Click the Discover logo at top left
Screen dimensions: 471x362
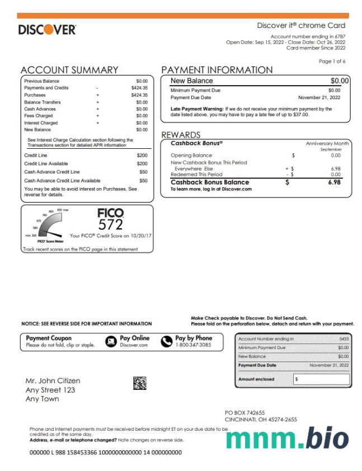click(x=47, y=30)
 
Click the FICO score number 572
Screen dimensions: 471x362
click(x=110, y=224)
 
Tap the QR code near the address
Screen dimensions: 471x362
click(x=139, y=383)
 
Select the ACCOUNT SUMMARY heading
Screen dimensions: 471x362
click(x=69, y=70)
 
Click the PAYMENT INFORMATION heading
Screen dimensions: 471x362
click(x=217, y=70)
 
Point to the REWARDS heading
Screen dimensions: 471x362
click(x=181, y=135)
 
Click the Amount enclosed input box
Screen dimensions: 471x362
click(x=322, y=379)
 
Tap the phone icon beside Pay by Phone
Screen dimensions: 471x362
click(x=167, y=341)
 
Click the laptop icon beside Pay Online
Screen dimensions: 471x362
click(x=111, y=341)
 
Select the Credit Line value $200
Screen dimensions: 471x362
click(x=142, y=155)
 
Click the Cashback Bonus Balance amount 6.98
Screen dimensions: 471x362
click(x=336, y=182)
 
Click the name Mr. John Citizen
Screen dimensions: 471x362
click(x=53, y=381)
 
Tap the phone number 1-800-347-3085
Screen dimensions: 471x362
click(x=193, y=345)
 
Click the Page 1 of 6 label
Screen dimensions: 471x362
click(x=332, y=61)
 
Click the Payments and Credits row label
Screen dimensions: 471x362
click(x=46, y=88)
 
